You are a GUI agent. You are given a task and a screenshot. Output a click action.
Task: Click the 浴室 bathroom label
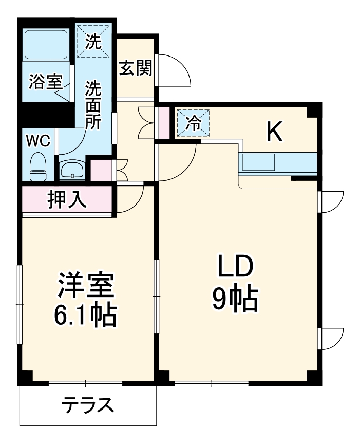tap(45, 82)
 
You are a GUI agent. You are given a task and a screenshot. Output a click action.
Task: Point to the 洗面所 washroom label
tap(93, 106)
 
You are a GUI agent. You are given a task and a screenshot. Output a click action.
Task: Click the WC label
tap(37, 140)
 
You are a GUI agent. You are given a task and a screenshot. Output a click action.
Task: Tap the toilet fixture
tap(38, 167)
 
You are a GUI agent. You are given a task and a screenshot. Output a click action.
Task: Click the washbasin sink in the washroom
tap(72, 170)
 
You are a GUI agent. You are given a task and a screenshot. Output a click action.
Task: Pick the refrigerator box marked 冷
tap(193, 123)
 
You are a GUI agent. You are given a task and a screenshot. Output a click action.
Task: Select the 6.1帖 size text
tap(85, 315)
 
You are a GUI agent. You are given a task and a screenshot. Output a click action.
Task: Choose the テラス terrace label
tap(87, 406)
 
